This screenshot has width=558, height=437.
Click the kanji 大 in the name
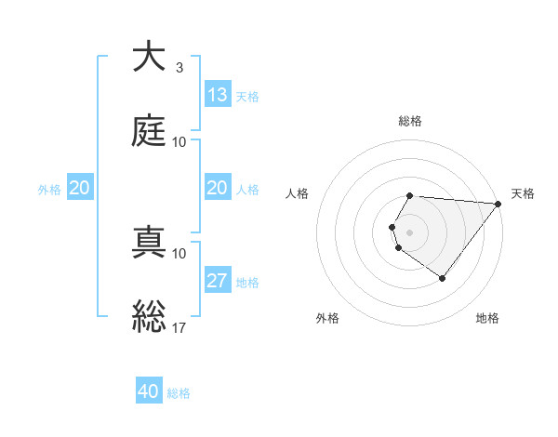coord(149,57)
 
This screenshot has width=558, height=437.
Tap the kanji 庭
coord(149,131)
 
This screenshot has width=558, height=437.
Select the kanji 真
coord(149,242)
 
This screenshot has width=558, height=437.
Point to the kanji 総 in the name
coord(149,315)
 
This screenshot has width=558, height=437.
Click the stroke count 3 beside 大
coord(179,68)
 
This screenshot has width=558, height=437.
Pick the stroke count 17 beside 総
coord(180,327)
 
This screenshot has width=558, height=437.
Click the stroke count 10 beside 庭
coord(179,142)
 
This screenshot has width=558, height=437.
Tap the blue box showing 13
coord(217,95)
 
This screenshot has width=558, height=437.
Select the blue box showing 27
coord(217,281)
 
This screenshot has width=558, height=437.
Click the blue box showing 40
coord(149,391)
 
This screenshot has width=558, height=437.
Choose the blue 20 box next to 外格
coord(79,188)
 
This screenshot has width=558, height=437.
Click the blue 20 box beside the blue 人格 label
coord(217,188)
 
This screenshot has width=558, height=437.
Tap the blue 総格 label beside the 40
coord(179,393)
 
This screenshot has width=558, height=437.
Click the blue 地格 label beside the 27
coord(247,283)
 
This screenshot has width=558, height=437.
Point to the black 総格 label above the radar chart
coord(410,121)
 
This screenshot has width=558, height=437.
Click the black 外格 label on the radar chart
coord(327,318)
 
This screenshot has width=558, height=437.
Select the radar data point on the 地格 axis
coord(442,278)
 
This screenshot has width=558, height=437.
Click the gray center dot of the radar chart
coord(410,232)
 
